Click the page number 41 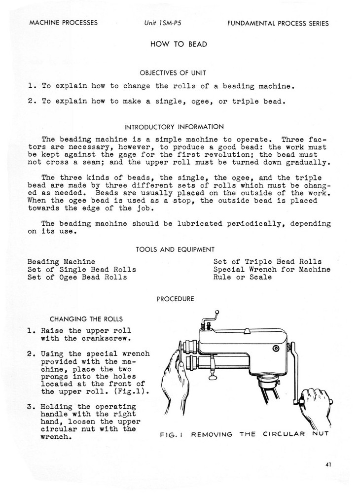pyautogui.click(x=328, y=463)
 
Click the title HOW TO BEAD pyautogui.click(x=179, y=44)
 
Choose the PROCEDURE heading pyautogui.click(x=175, y=298)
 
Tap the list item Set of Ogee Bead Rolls pyautogui.click(x=77, y=277)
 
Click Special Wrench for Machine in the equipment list pyautogui.click(x=272, y=269)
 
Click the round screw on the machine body pyautogui.click(x=276, y=349)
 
